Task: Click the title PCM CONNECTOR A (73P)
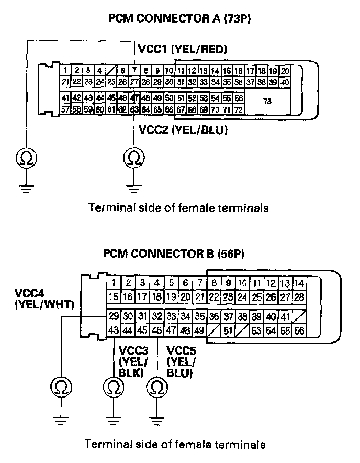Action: (x=180, y=19)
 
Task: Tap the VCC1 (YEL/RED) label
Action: (x=182, y=50)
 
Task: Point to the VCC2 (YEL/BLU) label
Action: (x=183, y=129)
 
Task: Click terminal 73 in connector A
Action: (x=267, y=103)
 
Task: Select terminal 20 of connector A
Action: (x=285, y=71)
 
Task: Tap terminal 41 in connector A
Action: (x=65, y=98)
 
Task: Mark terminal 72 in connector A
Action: (x=238, y=109)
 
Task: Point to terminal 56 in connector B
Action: (x=299, y=330)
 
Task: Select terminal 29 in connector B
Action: (x=114, y=316)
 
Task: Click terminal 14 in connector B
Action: (x=299, y=283)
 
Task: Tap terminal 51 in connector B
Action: (x=228, y=330)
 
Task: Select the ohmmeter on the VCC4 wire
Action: (x=61, y=388)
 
